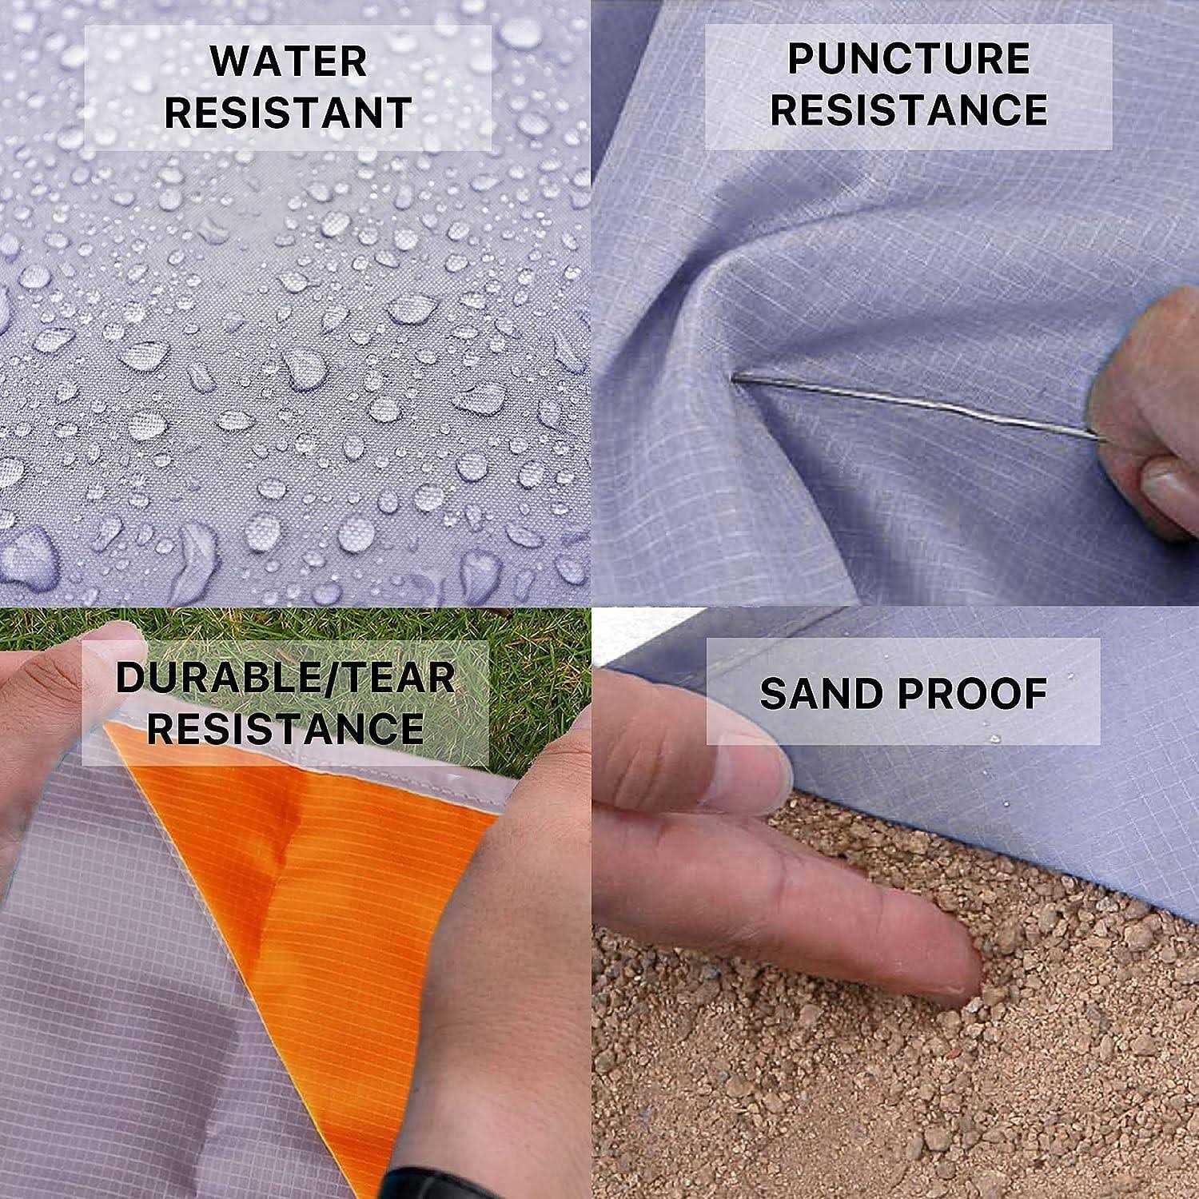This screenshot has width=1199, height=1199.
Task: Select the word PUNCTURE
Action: point(909,60)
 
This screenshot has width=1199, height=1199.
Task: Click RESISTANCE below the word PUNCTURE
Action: point(909,110)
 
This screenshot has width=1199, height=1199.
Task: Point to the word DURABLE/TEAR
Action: point(285,677)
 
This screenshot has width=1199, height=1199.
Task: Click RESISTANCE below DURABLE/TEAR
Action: point(285,727)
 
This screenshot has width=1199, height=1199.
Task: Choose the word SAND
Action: point(819,693)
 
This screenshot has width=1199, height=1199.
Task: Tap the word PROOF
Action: point(973,693)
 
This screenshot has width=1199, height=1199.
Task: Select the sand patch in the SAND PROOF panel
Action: point(879,1103)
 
